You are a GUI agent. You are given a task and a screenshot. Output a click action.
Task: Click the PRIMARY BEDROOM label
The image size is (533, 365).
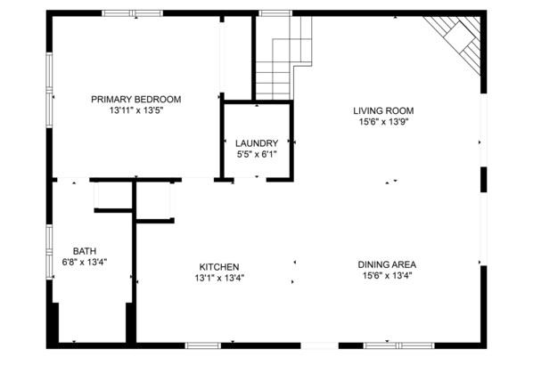(x=135, y=99)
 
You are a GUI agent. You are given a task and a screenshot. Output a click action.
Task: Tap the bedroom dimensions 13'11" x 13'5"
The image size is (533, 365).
(x=135, y=111)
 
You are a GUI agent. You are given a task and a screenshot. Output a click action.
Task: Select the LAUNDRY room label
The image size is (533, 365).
(x=257, y=143)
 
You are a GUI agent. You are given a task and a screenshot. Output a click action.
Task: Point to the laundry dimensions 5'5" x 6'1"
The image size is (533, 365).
(x=257, y=155)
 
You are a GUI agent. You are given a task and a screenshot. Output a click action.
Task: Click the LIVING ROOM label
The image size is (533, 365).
(x=383, y=111)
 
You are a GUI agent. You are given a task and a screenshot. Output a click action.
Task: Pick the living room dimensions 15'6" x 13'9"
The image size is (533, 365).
(x=383, y=123)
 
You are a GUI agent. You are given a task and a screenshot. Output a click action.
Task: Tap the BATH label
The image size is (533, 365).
(x=85, y=251)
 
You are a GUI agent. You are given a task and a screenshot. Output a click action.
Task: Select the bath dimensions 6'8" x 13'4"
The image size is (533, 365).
(x=85, y=263)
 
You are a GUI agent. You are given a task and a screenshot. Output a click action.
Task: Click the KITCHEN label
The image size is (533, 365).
(x=219, y=266)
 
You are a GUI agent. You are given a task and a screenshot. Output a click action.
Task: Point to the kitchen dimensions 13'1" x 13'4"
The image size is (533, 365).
(x=219, y=278)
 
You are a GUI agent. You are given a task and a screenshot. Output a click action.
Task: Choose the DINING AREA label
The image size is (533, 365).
(x=388, y=264)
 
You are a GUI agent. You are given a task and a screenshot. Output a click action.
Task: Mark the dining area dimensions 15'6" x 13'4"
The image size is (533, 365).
(x=388, y=276)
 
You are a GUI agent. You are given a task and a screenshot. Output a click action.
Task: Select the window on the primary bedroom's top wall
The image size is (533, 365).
(x=132, y=13)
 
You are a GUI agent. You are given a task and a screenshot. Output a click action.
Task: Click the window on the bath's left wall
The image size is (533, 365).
(x=49, y=249)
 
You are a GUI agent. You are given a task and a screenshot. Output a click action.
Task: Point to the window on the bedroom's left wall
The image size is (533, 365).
(x=49, y=93)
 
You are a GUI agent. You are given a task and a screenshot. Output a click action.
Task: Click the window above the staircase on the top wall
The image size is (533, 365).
(x=275, y=13)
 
